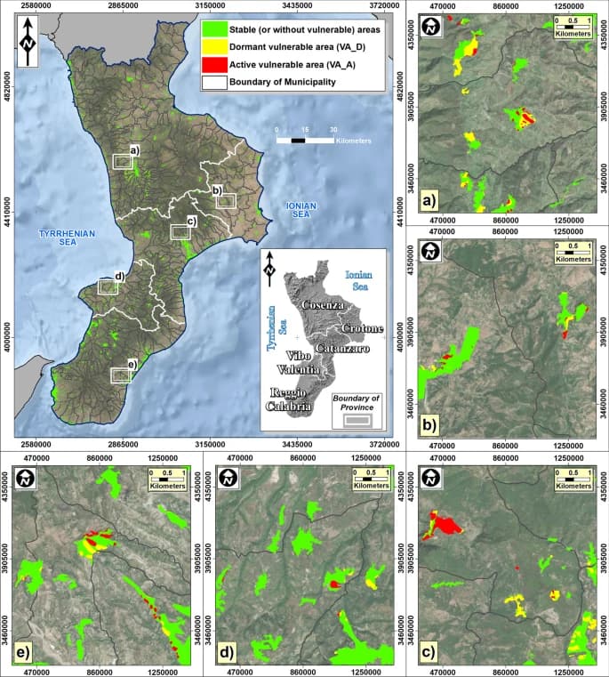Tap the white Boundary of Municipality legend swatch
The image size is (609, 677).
click(x=212, y=84)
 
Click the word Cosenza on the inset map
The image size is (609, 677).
click(x=320, y=305)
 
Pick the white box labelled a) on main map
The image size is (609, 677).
click(x=122, y=161)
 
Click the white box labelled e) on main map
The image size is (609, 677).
click(x=120, y=375)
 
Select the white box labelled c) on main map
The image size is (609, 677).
click(x=180, y=231)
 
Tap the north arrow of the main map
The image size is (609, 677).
click(x=29, y=42)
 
